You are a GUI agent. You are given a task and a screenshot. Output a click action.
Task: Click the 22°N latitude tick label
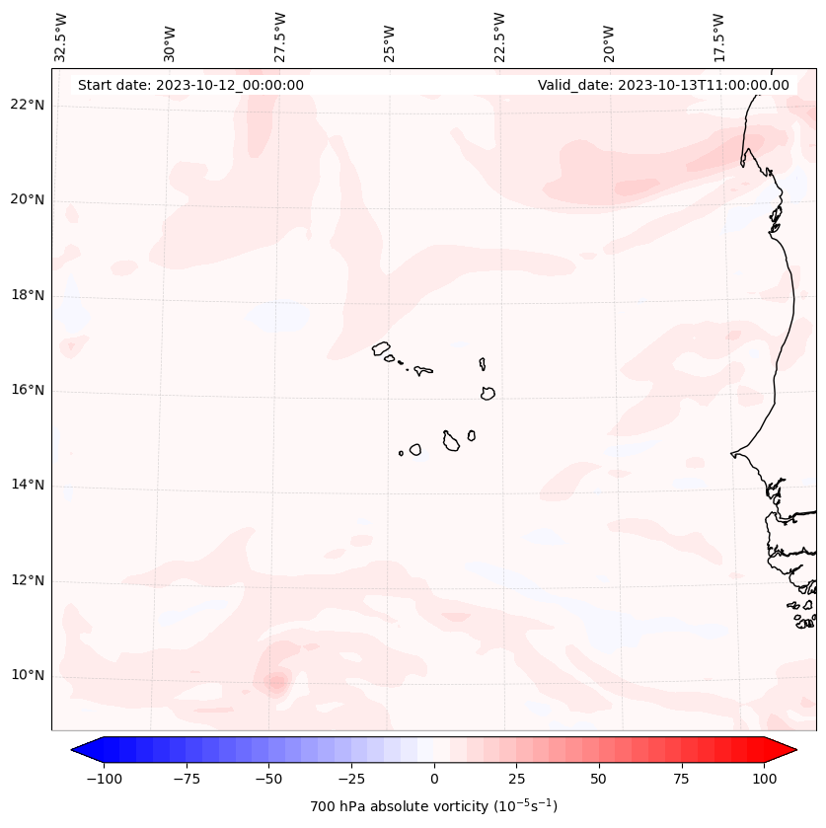point(28,106)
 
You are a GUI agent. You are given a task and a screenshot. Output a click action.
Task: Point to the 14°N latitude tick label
point(28,485)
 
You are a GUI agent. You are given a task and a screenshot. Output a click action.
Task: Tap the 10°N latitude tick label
point(28,675)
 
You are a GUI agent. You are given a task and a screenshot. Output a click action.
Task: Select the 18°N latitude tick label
point(28,295)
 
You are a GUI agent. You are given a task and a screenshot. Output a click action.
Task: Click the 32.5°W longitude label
point(62,38)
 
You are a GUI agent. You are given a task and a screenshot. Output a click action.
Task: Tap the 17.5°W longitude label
point(718,38)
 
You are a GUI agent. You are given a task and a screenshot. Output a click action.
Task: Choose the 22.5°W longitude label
point(499,38)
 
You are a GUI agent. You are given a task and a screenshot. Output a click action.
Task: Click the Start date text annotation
point(190,85)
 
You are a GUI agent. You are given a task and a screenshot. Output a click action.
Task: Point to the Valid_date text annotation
point(663,85)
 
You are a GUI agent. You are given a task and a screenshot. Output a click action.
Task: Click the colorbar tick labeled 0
point(434,779)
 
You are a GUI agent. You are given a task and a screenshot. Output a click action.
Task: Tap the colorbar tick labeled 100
point(764,779)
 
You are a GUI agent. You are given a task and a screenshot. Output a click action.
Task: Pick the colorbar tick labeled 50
point(599,779)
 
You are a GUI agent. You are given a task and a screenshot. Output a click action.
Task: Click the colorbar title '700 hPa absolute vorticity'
point(434,806)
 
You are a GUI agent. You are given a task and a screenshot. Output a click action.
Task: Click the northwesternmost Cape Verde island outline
point(381,348)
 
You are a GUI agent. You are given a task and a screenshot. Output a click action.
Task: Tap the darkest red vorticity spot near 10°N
point(275,681)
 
